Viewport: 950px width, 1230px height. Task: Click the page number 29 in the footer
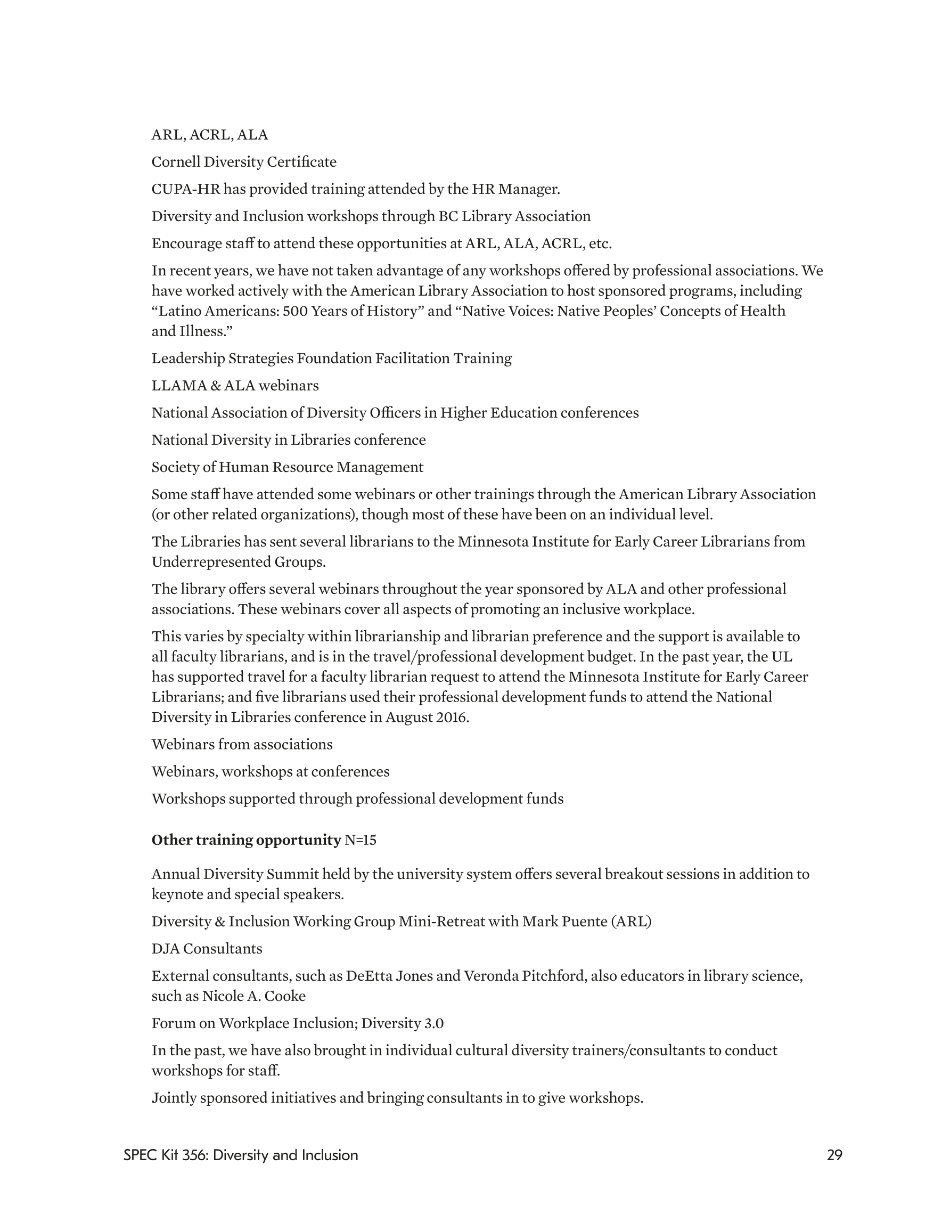pos(834,1155)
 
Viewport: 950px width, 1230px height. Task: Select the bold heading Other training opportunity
pos(246,840)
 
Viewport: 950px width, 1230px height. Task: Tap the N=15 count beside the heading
pos(361,840)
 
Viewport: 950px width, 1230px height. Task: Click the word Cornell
pos(176,162)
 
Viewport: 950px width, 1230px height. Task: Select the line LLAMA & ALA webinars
pos(235,386)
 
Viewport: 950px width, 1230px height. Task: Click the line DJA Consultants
pos(207,949)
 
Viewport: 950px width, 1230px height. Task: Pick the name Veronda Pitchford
pos(523,976)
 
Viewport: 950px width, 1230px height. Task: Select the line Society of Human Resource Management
pos(287,468)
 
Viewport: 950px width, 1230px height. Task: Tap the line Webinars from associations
pos(242,745)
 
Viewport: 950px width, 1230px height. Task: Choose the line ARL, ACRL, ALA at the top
pos(209,135)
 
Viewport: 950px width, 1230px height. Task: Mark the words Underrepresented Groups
pos(239,562)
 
